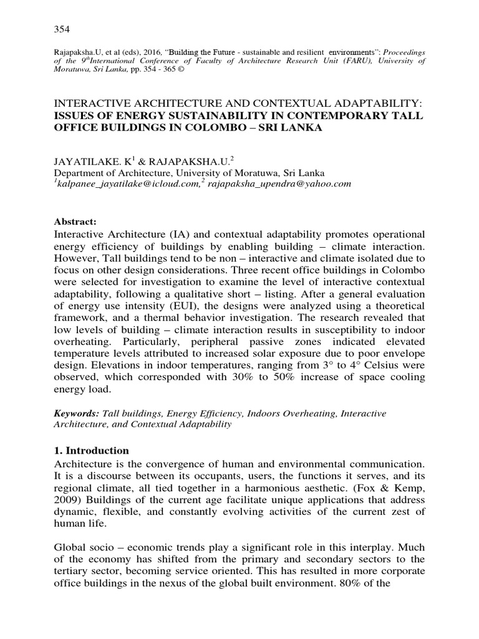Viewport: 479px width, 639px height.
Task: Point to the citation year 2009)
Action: coord(72,500)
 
